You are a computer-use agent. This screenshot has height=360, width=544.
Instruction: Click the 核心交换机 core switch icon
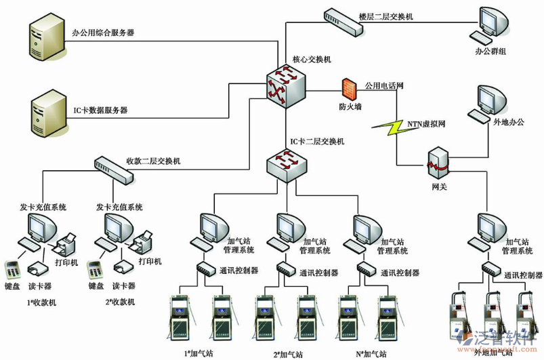(284, 87)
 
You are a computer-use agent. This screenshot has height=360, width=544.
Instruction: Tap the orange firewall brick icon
(350, 89)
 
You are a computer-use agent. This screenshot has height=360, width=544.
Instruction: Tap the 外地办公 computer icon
(489, 104)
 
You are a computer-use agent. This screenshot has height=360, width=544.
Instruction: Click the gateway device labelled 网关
(438, 163)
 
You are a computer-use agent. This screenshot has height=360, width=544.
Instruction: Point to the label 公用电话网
(384, 86)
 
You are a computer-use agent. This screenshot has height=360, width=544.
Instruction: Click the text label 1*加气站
(198, 353)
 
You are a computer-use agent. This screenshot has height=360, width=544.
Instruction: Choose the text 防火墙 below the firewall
(350, 106)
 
